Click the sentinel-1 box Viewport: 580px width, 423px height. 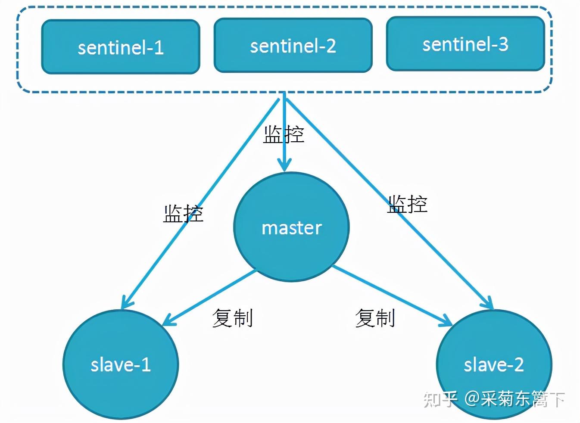click(x=121, y=47)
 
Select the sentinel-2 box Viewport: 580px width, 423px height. click(x=293, y=45)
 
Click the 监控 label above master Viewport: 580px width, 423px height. click(x=284, y=135)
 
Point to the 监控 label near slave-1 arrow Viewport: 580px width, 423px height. click(x=183, y=214)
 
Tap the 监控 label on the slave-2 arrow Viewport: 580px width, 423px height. click(x=407, y=204)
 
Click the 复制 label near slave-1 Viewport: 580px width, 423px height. click(x=232, y=318)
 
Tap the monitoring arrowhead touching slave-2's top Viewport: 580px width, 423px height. click(x=489, y=304)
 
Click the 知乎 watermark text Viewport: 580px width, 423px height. click(x=440, y=399)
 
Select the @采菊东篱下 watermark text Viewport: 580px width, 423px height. click(x=515, y=399)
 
